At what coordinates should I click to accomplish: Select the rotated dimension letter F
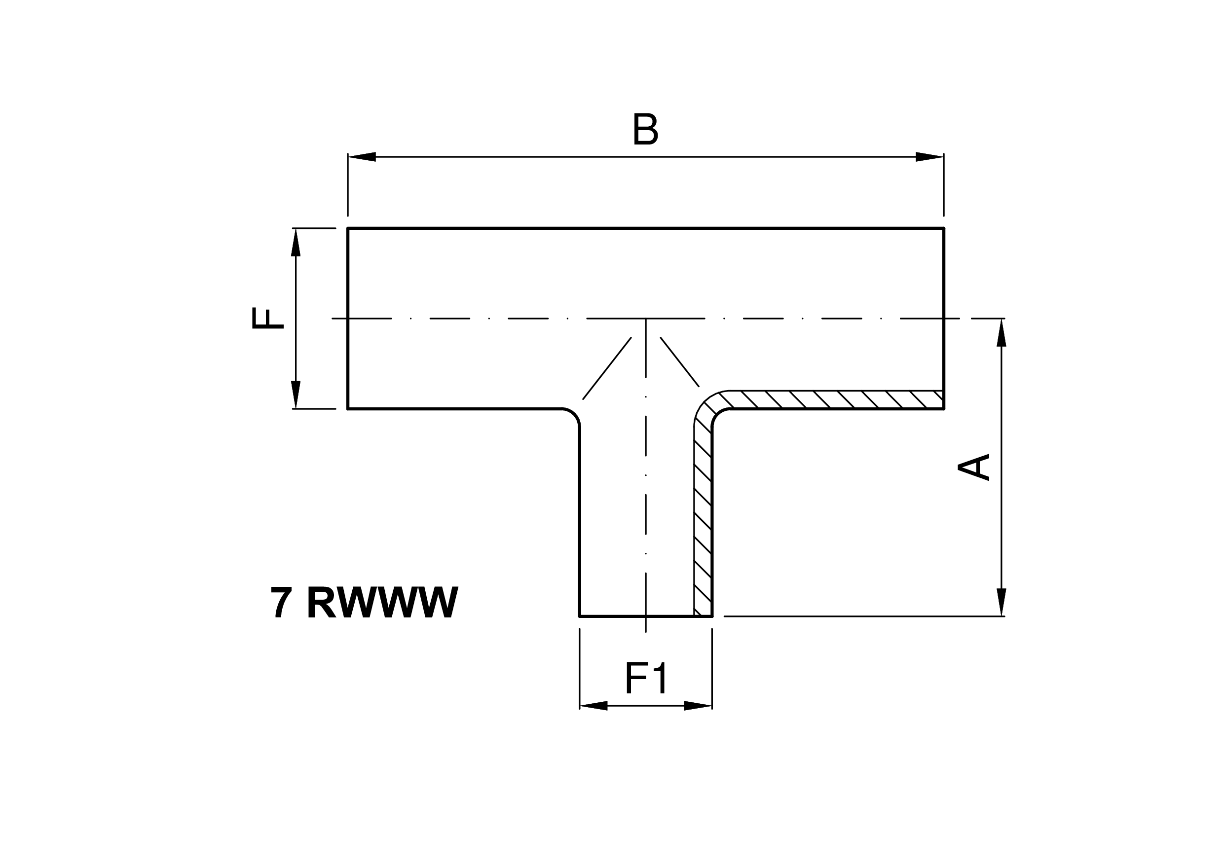tap(267, 318)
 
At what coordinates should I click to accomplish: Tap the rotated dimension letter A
tap(973, 467)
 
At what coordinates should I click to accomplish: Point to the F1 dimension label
tap(646, 678)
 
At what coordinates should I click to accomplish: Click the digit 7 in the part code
tap(282, 602)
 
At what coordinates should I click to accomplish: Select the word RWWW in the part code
tap(383, 602)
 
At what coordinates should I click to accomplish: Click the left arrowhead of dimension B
tap(362, 157)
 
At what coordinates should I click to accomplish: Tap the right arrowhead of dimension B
tap(930, 157)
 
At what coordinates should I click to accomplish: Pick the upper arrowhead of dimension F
tap(296, 243)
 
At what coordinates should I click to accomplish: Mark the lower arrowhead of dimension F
tap(296, 395)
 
